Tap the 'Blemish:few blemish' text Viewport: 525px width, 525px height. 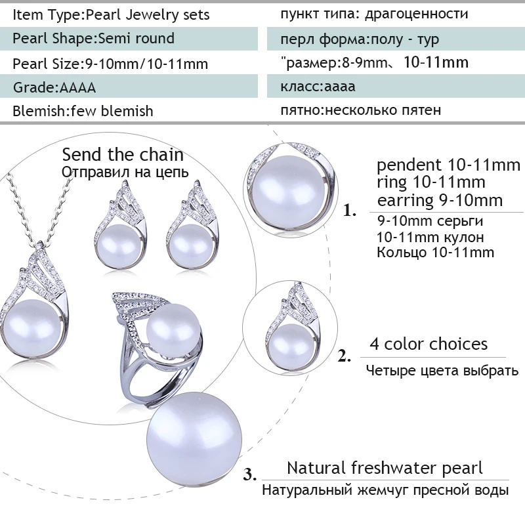pyautogui.click(x=83, y=111)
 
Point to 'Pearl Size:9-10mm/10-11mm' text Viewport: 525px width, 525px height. pyautogui.click(x=110, y=64)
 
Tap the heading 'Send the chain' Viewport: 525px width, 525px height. pyautogui.click(x=123, y=155)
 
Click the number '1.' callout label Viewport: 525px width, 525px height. pyautogui.click(x=350, y=211)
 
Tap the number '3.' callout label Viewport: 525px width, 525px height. pyautogui.click(x=249, y=474)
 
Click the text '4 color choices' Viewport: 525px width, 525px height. pyautogui.click(x=429, y=344)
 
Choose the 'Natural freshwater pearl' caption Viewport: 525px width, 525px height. pyautogui.click(x=385, y=468)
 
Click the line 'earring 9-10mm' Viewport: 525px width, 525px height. pyautogui.click(x=440, y=199)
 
